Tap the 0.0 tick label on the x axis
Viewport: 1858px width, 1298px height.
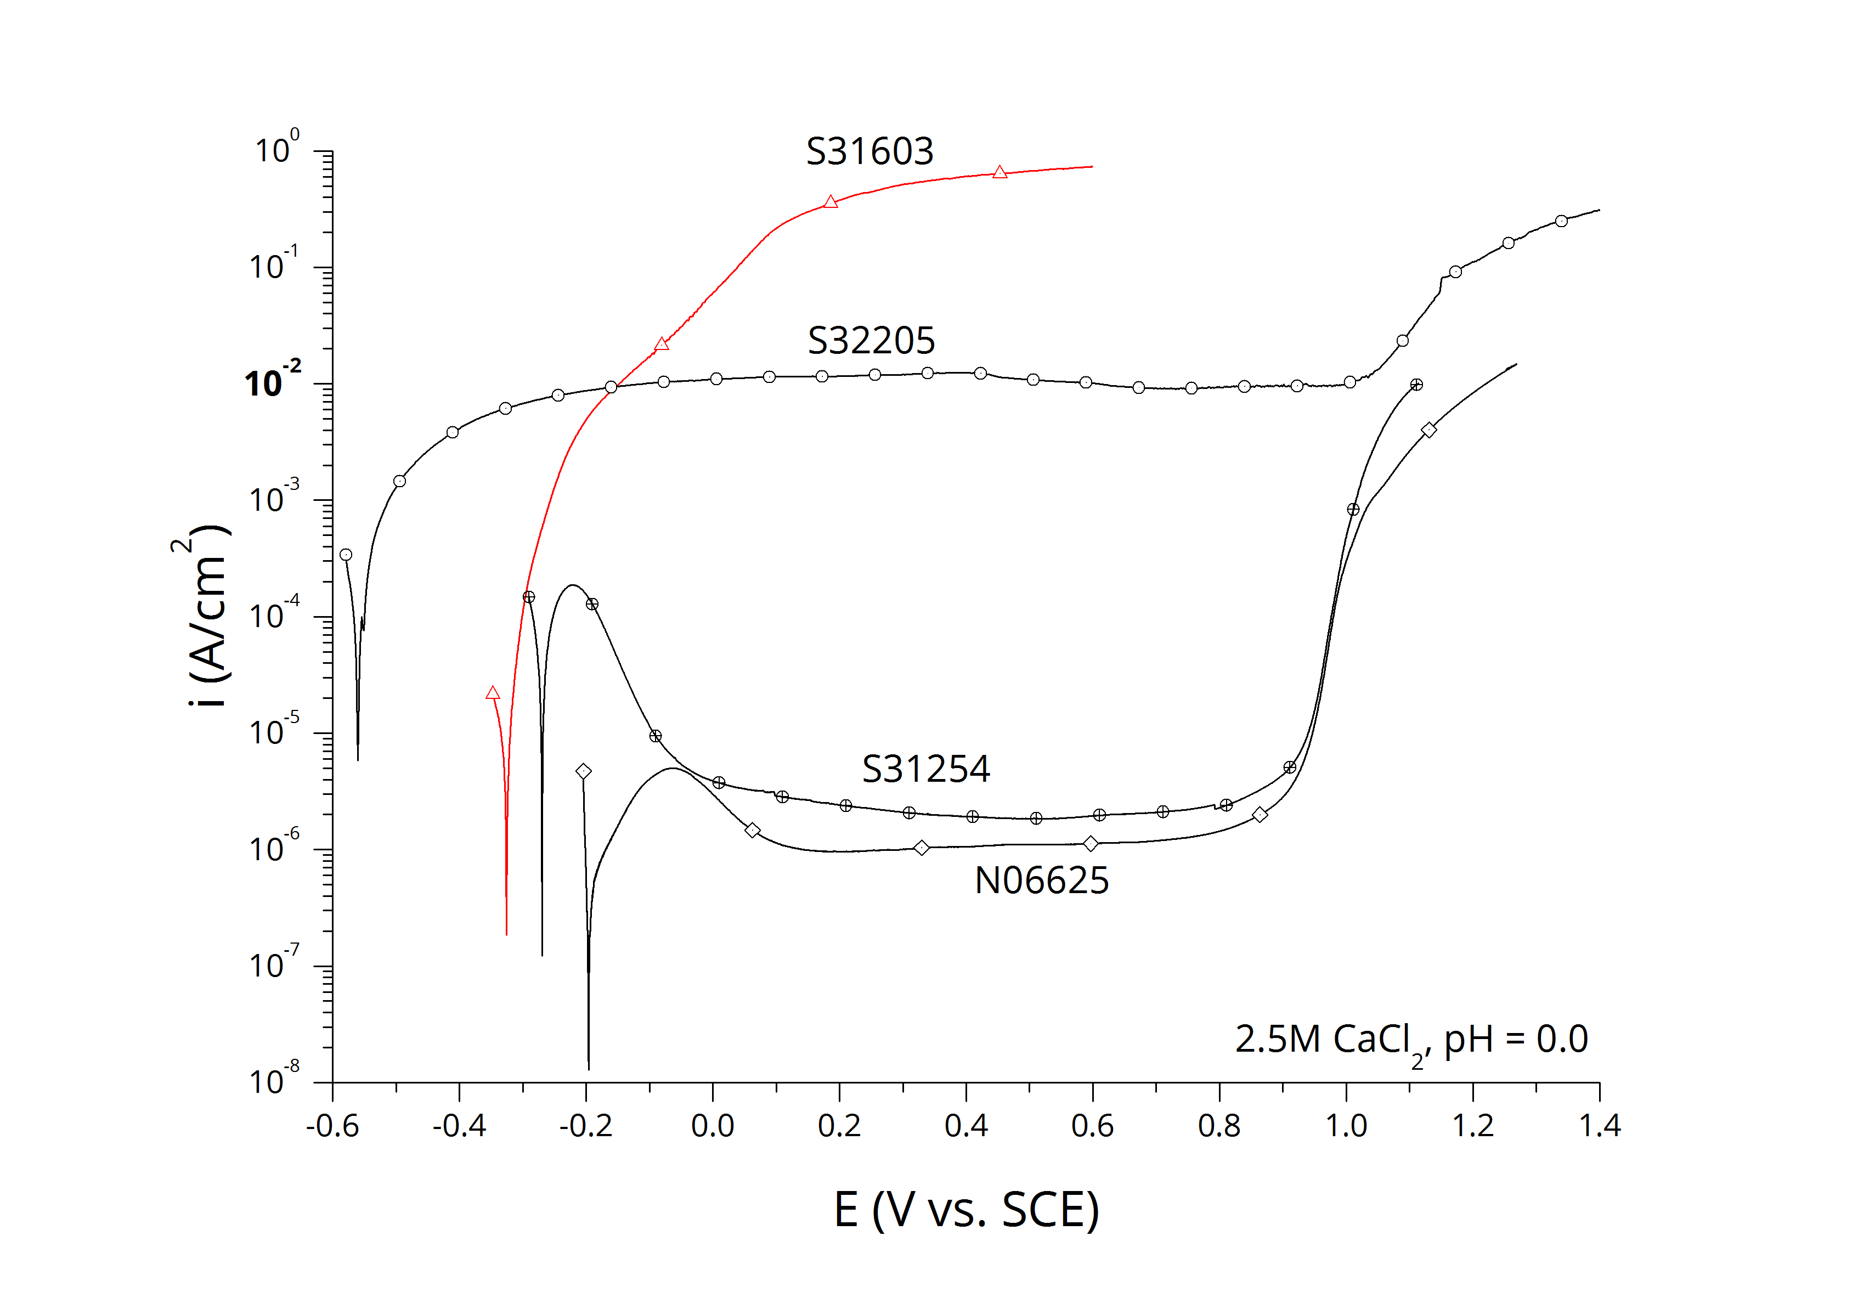pos(712,1126)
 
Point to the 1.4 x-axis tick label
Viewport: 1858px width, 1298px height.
pos(1599,1126)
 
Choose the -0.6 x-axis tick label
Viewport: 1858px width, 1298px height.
pos(332,1126)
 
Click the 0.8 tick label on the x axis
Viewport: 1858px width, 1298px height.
pos(1219,1126)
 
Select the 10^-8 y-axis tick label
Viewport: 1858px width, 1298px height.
pos(274,1080)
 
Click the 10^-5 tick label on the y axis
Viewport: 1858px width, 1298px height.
pos(274,731)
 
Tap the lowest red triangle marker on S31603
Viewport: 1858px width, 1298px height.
pos(493,693)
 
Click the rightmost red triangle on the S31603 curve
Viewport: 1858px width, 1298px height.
pos(999,172)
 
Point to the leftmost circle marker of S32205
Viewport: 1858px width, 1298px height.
pos(346,554)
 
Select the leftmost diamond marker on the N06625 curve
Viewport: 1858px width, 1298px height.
pos(584,771)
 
